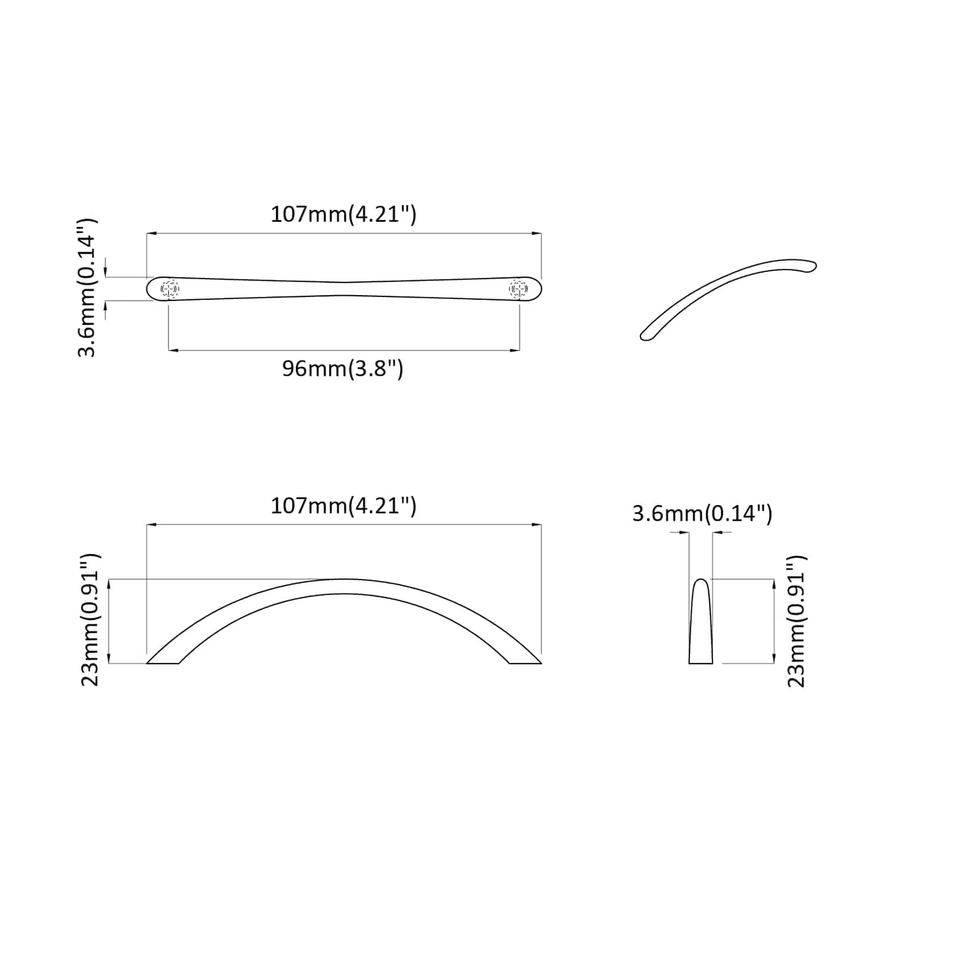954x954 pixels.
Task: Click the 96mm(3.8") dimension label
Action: [343, 368]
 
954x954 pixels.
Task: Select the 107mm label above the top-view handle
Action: [343, 214]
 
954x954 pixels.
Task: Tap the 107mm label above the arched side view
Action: [343, 506]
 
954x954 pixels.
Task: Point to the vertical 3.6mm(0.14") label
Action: [87, 288]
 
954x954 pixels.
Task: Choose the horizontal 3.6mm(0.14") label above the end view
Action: [702, 513]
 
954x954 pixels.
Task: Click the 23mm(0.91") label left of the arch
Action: [90, 620]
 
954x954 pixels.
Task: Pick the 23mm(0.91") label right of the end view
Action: [796, 621]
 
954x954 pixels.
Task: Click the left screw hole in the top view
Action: [170, 289]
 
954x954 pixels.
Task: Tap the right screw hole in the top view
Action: [518, 289]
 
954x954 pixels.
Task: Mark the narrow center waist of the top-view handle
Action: [343, 289]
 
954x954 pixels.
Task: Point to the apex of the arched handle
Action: [343, 587]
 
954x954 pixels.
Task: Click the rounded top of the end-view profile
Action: [700, 582]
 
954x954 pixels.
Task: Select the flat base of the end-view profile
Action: [700, 662]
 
